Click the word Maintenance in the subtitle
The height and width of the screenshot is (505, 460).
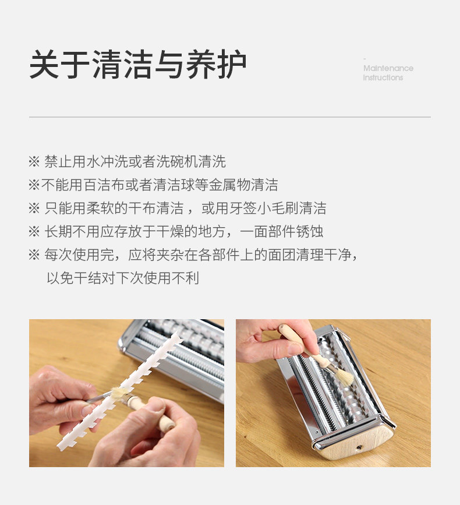tap(388, 68)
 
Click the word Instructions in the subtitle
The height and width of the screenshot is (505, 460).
tap(383, 77)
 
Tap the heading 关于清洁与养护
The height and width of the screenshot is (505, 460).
tap(138, 64)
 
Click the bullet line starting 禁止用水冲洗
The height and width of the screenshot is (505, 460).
tap(127, 161)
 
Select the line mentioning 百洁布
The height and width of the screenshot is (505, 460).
tap(153, 185)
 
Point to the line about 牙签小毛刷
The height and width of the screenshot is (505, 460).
tap(178, 208)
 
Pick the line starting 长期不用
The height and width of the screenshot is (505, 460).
tap(176, 231)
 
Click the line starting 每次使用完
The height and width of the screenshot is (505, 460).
tap(193, 255)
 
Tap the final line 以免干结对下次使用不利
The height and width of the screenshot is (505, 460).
tap(123, 278)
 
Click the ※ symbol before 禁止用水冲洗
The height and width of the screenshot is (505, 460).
tap(34, 162)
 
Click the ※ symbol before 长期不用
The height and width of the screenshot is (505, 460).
tap(34, 232)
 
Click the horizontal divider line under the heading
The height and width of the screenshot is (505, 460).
tap(230, 117)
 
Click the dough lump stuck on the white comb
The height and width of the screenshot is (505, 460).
tap(120, 393)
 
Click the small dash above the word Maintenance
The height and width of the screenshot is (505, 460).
tap(365, 59)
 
